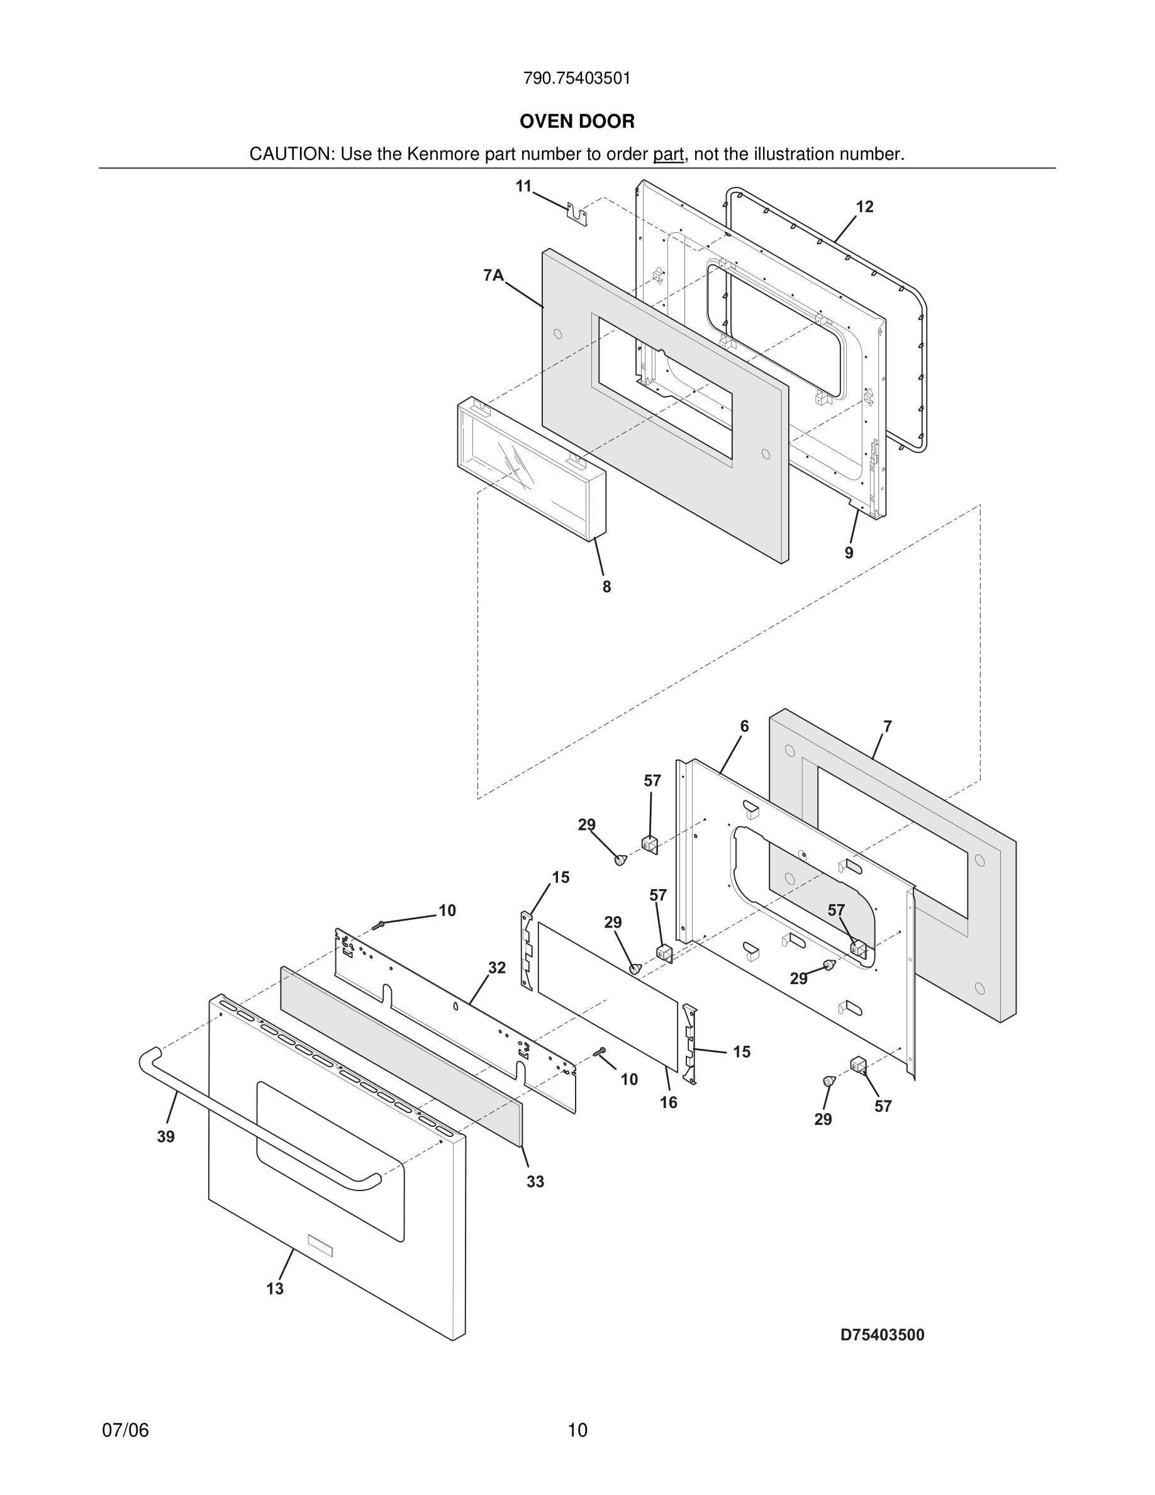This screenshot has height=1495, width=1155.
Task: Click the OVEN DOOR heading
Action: click(577, 121)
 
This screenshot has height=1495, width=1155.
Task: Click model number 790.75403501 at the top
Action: click(577, 78)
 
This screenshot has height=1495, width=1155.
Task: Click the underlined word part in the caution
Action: click(668, 154)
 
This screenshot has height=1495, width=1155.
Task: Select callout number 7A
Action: click(493, 276)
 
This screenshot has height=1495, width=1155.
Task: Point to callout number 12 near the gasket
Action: click(864, 207)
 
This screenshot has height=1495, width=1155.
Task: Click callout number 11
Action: click(523, 186)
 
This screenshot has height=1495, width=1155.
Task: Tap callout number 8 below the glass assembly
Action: click(606, 586)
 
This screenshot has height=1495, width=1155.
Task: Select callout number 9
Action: click(849, 553)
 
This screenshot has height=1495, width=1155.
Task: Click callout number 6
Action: click(744, 726)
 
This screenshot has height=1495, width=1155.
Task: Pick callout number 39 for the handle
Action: click(165, 1137)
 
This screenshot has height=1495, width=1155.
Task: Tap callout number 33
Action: click(535, 1182)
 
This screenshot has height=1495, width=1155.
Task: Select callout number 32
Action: click(497, 968)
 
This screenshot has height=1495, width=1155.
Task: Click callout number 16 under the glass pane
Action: click(669, 1102)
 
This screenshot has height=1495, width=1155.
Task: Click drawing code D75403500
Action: click(882, 1335)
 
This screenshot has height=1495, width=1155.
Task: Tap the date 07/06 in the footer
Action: click(125, 1430)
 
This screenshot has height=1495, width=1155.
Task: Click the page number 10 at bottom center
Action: click(577, 1430)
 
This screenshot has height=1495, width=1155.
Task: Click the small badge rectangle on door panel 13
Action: click(320, 1245)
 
